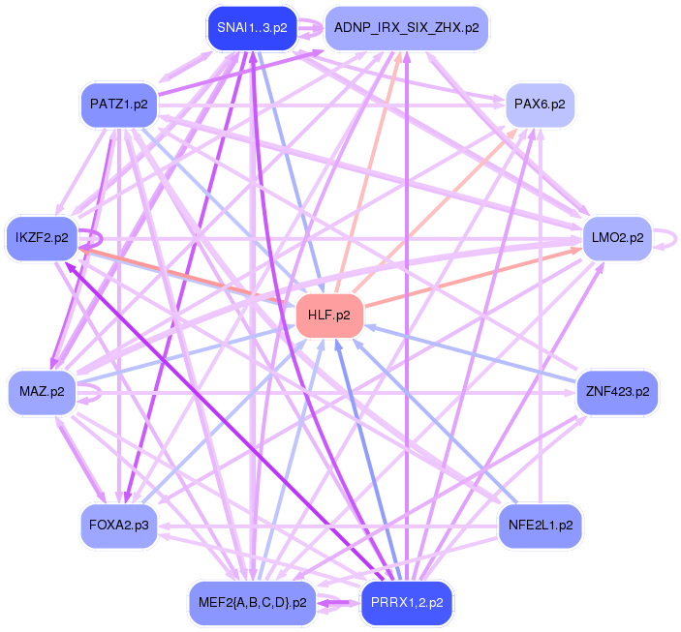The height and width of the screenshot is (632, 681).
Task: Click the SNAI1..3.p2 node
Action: pos(252,28)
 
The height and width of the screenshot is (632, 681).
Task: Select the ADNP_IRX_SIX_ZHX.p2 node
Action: pos(407,28)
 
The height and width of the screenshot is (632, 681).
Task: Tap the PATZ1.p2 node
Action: pos(119,105)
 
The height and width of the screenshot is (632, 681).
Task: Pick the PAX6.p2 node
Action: pos(540,105)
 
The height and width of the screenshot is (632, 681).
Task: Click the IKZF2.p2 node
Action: pos(42,238)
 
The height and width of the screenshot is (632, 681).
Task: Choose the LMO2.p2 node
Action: pos(618,238)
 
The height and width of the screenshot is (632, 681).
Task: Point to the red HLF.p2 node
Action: pos(329,316)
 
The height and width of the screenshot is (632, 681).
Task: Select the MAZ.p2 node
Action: pos(42,392)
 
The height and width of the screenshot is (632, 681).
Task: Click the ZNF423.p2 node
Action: pos(618,392)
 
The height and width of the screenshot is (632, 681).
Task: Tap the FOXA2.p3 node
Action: pos(119,526)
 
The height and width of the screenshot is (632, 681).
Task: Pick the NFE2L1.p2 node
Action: pos(541,526)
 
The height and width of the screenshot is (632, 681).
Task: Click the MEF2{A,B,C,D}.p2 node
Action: pos(252,603)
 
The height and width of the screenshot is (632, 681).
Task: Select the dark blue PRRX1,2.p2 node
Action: pos(407,603)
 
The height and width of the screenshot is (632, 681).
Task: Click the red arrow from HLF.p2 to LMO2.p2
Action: pos(473,278)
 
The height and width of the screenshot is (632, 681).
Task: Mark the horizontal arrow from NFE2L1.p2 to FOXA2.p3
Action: pos(327,527)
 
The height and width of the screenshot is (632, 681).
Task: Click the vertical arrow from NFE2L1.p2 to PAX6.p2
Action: pos(541,316)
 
